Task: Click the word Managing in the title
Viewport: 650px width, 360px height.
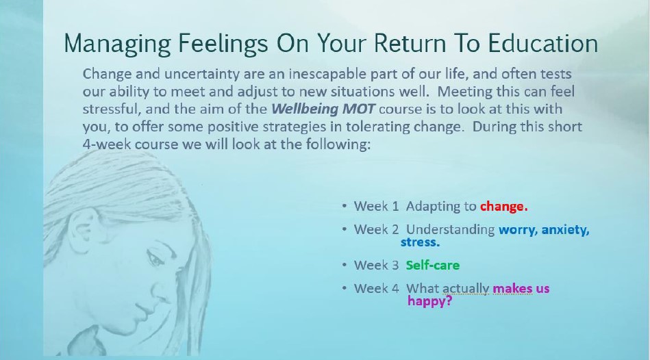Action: [x=117, y=44]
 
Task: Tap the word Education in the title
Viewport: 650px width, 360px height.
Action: [x=542, y=43]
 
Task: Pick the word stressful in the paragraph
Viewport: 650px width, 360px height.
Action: [x=110, y=109]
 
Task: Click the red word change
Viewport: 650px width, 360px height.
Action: [x=503, y=206]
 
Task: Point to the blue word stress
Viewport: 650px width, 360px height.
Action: [x=420, y=242]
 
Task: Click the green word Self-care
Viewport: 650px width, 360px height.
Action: [x=433, y=265]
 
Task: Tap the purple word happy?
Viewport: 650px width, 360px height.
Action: [x=429, y=300]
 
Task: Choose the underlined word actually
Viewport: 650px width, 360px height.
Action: [x=466, y=289]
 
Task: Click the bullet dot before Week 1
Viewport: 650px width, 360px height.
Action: [x=345, y=206]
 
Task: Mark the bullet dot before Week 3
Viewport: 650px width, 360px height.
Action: [x=345, y=265]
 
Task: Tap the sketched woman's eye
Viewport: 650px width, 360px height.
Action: [x=155, y=259]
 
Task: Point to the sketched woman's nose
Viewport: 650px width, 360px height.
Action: [x=160, y=290]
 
